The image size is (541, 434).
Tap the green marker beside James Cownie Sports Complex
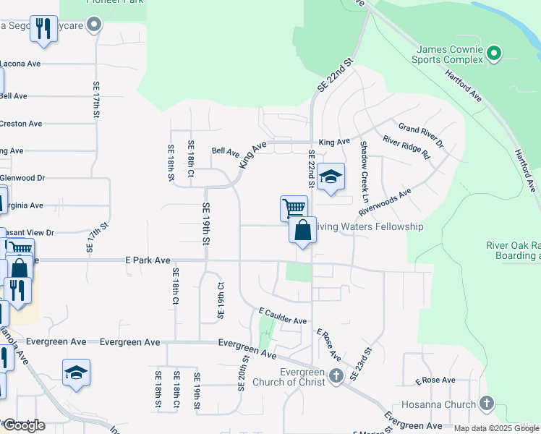pyautogui.click(x=494, y=52)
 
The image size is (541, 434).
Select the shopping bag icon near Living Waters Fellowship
pyautogui.click(x=303, y=231)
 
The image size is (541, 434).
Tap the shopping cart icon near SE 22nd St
pyautogui.click(x=294, y=208)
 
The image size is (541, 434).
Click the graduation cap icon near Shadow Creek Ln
pyautogui.click(x=331, y=176)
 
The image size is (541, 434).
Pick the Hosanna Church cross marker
pyautogui.click(x=487, y=404)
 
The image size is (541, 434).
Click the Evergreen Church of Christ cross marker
pyautogui.click(x=335, y=376)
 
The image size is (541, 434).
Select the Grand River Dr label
pyautogui.click(x=421, y=134)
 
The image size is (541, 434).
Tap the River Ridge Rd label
pyautogui.click(x=406, y=148)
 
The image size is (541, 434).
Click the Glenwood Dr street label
pyautogui.click(x=22, y=178)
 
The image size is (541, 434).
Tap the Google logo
pyautogui.click(x=23, y=425)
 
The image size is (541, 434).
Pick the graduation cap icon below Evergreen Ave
pyautogui.click(x=76, y=373)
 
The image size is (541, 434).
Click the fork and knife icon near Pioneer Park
pyautogui.click(x=44, y=30)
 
